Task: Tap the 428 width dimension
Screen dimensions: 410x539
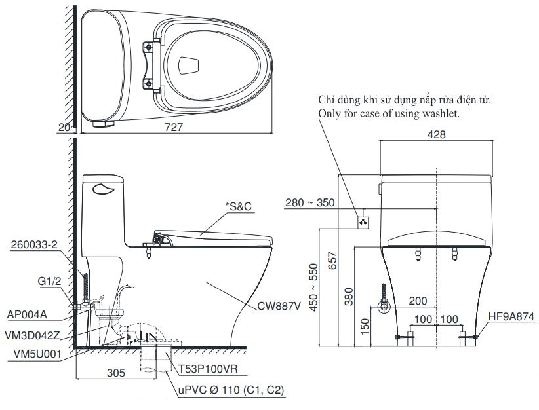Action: (x=437, y=134)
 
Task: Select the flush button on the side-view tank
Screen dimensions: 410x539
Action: (x=104, y=190)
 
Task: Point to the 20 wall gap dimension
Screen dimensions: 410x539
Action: (x=64, y=128)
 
